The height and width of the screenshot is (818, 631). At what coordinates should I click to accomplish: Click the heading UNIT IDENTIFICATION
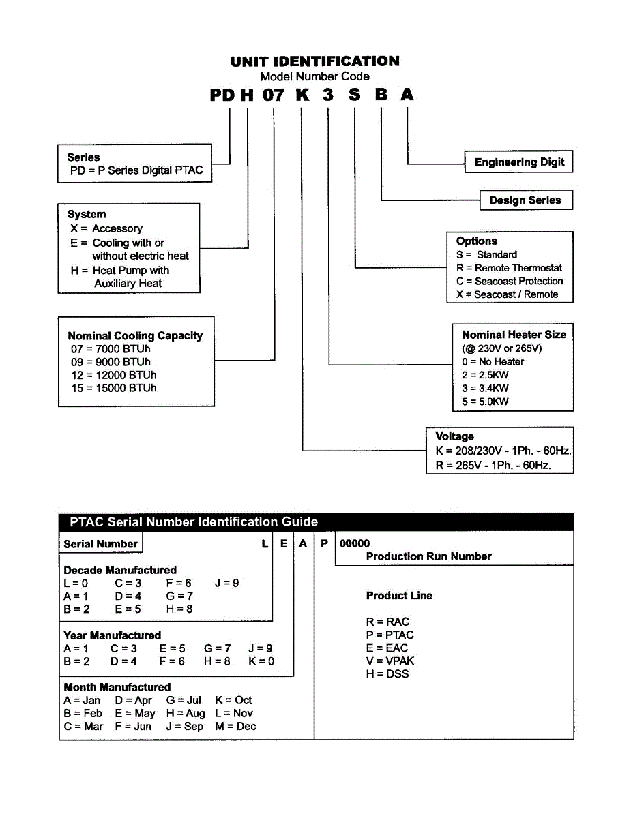pyautogui.click(x=314, y=61)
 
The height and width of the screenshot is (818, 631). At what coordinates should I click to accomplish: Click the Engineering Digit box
pyautogui.click(x=519, y=162)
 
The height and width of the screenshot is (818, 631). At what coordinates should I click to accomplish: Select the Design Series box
pyautogui.click(x=525, y=200)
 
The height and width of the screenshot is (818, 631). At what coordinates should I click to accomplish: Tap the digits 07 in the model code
pyautogui.click(x=273, y=95)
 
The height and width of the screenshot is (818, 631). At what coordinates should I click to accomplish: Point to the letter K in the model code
pyautogui.click(x=302, y=95)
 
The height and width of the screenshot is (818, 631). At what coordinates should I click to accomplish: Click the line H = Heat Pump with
pyautogui.click(x=120, y=270)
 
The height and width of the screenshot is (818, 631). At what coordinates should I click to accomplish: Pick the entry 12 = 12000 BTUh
pyautogui.click(x=113, y=375)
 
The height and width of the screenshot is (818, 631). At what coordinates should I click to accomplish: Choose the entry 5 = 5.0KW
pyautogui.click(x=485, y=402)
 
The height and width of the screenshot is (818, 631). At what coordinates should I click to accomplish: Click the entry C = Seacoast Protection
pyautogui.click(x=510, y=281)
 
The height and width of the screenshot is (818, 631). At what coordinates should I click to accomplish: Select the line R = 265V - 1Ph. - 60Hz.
pyautogui.click(x=493, y=466)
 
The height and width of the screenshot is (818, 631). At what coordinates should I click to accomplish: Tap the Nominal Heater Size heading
pyautogui.click(x=514, y=335)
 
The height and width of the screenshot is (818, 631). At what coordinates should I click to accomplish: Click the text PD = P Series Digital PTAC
pyautogui.click(x=136, y=170)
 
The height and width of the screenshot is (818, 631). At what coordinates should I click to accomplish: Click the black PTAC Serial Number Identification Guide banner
pyautogui.click(x=316, y=522)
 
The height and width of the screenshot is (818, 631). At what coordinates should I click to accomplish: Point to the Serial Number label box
pyautogui.click(x=101, y=544)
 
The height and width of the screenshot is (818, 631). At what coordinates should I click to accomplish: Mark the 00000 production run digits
pyautogui.click(x=355, y=543)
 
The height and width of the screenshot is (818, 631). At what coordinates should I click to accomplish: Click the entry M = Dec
pyautogui.click(x=235, y=726)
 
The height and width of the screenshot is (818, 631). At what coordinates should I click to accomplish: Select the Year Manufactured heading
pyautogui.click(x=112, y=635)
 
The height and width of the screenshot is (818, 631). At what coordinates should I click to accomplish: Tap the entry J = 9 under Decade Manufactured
pyautogui.click(x=226, y=583)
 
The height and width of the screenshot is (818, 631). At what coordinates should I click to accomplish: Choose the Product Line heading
pyautogui.click(x=399, y=596)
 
